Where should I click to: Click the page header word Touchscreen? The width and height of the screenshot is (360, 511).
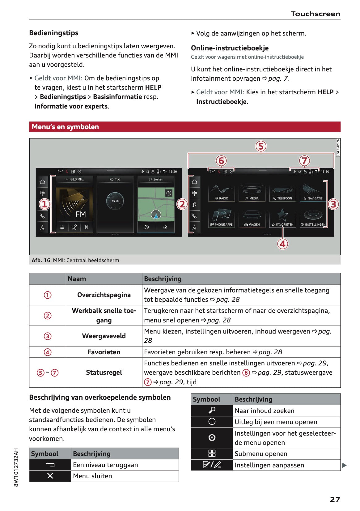[x=315, y=14]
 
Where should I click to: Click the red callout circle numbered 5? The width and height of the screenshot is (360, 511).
[x=261, y=146]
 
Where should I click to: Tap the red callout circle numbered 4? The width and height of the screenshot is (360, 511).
[x=282, y=244]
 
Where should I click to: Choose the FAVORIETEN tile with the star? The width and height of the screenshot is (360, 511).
[x=282, y=218]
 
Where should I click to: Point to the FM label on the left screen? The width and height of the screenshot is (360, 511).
[x=81, y=214]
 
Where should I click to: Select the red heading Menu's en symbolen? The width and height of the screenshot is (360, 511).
[x=66, y=127]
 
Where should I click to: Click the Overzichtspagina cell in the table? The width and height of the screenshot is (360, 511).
[x=104, y=295]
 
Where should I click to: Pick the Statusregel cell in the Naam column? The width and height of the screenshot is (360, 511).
[x=104, y=373]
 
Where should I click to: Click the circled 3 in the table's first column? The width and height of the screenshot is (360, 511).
[x=48, y=336]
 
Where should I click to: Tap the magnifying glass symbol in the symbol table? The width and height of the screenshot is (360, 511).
[x=212, y=410]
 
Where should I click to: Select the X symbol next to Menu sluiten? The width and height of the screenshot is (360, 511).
[x=50, y=476]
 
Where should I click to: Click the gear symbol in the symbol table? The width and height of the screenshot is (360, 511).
[x=212, y=437]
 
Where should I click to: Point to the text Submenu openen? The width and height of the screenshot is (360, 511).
[x=261, y=454]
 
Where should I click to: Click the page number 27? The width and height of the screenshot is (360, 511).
[x=335, y=499]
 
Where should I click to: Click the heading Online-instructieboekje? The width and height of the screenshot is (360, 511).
[x=230, y=48]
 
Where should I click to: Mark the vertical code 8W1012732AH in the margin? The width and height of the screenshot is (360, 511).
[x=16, y=467]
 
